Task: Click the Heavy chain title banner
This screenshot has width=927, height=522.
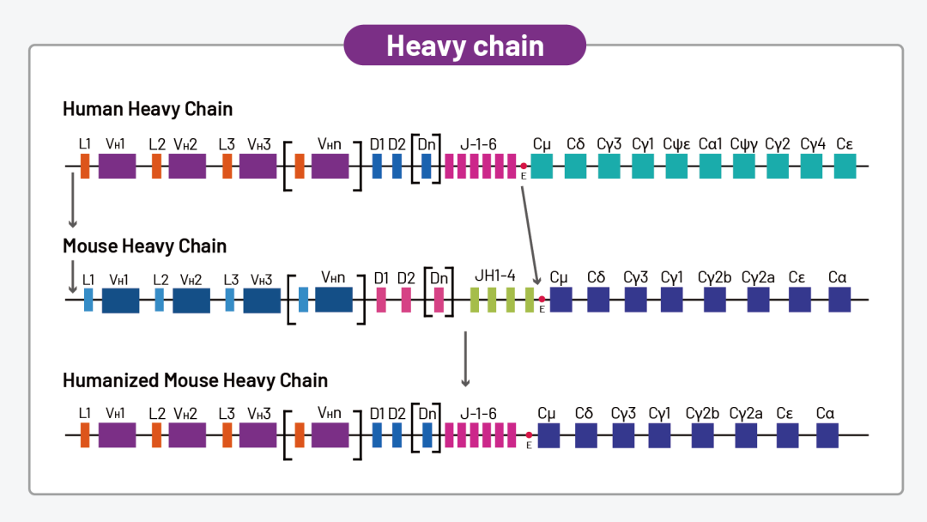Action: pos(464,46)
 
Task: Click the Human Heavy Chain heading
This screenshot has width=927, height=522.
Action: pos(148,109)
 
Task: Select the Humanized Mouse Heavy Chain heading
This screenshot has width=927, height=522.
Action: pos(195,380)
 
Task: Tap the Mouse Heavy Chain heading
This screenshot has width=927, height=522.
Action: pos(144,246)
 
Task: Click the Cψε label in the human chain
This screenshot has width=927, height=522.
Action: pos(676,144)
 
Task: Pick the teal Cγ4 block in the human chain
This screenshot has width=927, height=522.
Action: pos(811,166)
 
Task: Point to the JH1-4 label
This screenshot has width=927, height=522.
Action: pos(495,276)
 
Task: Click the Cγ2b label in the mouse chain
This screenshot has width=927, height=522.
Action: pos(714,277)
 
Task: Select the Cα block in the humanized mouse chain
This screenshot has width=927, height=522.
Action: pos(827,435)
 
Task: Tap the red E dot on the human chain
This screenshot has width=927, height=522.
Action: pos(524,166)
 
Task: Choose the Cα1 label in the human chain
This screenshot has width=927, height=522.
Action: pos(711,144)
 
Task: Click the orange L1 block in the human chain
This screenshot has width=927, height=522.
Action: pos(85,166)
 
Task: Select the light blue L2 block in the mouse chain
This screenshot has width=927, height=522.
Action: pos(159,300)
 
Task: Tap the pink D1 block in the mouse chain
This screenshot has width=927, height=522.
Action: pos(382,300)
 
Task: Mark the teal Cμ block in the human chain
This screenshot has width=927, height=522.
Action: pos(542,166)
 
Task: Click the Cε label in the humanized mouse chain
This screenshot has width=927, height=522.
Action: pos(785,413)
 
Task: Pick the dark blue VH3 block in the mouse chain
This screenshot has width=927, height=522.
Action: pos(262,300)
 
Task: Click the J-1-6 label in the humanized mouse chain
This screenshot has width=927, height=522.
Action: pos(478,413)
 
